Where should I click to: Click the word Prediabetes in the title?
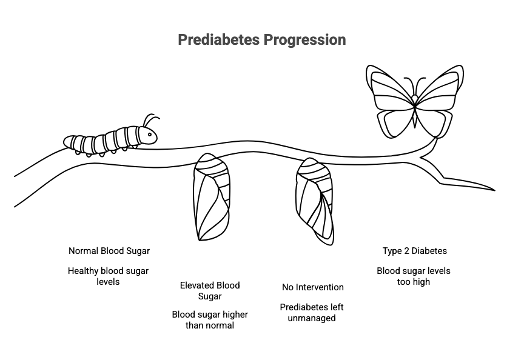click(218, 40)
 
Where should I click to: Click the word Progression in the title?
click(305, 41)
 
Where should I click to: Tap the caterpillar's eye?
click(150, 135)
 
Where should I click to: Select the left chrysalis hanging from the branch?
click(211, 197)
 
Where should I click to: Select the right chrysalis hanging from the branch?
click(315, 201)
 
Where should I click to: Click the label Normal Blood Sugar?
click(109, 251)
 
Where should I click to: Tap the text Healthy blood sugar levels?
click(108, 276)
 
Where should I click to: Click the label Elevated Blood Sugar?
click(210, 290)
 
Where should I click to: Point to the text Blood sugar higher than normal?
click(210, 319)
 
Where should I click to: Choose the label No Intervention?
click(313, 287)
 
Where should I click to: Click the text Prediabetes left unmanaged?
click(312, 313)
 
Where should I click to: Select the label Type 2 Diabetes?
click(415, 251)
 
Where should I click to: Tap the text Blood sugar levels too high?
click(414, 276)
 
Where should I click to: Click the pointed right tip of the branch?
click(495, 190)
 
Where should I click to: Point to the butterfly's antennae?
click(415, 85)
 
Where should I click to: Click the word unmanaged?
click(312, 318)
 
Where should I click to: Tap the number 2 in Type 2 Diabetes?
click(406, 251)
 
